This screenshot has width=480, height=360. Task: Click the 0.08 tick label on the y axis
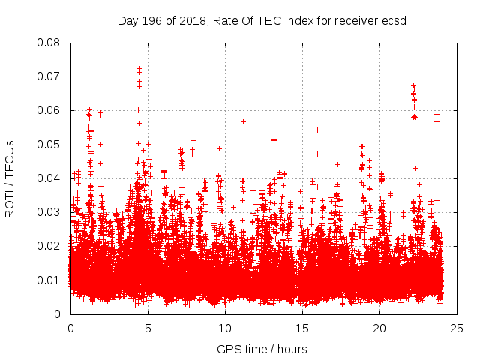click(49, 43)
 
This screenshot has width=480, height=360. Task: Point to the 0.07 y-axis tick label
click(49, 76)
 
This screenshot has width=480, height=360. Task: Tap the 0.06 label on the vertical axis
click(49, 110)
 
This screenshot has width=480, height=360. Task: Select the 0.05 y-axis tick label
click(49, 144)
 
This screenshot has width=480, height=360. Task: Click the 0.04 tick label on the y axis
click(49, 178)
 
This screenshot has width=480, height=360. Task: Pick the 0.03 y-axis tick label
click(49, 212)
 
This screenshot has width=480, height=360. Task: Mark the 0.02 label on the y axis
click(49, 246)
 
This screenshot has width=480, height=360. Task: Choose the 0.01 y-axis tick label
click(49, 280)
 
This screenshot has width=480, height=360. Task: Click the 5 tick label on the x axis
click(148, 328)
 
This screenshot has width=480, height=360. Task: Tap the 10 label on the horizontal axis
click(225, 328)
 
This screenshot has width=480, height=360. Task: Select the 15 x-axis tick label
click(302, 328)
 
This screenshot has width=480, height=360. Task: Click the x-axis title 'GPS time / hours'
click(262, 349)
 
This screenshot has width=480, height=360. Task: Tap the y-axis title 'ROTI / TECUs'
click(10, 178)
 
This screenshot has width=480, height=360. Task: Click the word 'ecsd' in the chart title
click(394, 20)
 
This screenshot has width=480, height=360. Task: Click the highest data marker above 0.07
click(139, 68)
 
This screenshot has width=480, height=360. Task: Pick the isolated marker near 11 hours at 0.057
click(243, 121)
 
